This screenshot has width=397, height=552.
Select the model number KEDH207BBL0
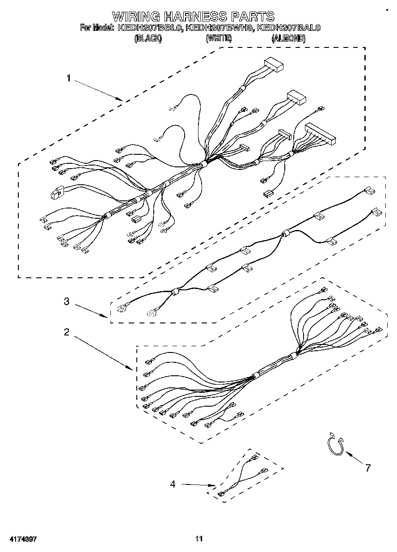(x=150, y=28)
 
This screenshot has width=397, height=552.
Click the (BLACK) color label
(x=148, y=38)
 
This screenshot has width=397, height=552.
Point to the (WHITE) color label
(x=219, y=38)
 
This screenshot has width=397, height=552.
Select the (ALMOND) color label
(x=288, y=38)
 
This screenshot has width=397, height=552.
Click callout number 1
(x=68, y=78)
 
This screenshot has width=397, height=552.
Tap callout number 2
(x=66, y=332)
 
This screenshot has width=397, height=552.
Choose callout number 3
(x=66, y=301)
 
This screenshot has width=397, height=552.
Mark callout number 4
(x=173, y=483)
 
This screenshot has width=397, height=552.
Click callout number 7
(x=367, y=468)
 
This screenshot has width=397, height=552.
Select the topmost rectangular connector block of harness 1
(x=275, y=65)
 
